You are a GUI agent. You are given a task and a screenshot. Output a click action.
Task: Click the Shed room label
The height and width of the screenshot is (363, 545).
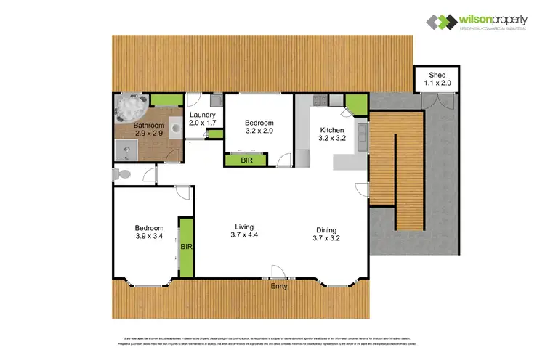(x=437, y=75)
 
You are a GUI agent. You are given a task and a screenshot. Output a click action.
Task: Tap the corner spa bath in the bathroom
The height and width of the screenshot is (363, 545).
(x=131, y=107)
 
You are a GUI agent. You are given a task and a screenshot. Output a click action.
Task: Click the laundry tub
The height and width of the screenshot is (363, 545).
(x=217, y=101)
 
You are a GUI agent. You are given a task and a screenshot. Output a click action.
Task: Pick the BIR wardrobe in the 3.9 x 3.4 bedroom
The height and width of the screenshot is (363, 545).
(x=186, y=247)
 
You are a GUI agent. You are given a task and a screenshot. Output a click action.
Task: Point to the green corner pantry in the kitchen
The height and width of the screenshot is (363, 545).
(x=355, y=106)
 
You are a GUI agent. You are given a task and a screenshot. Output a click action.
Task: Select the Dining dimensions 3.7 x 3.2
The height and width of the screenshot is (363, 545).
(x=326, y=237)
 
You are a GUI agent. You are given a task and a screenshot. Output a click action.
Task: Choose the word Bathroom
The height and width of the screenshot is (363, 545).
(x=148, y=125)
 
